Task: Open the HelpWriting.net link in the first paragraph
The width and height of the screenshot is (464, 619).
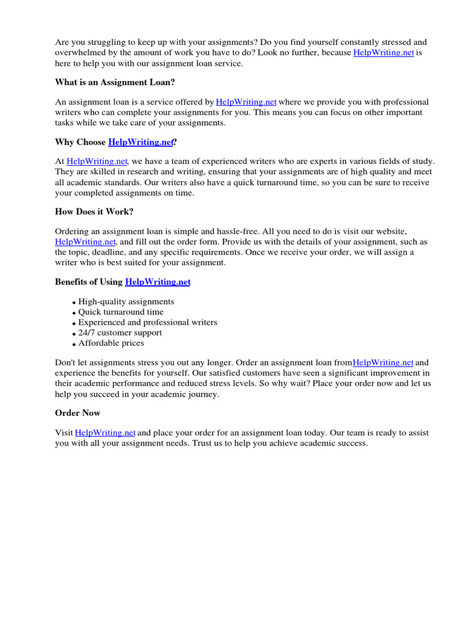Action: [383, 53]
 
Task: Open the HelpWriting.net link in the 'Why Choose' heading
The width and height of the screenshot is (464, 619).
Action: [141, 142]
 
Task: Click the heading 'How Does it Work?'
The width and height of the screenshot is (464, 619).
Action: [94, 212]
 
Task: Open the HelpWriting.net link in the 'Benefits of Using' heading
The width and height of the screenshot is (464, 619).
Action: [158, 282]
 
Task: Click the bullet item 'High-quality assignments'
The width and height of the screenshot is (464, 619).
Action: [126, 301]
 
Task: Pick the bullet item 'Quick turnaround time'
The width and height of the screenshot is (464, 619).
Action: [121, 312]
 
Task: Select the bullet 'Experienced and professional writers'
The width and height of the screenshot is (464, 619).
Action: [147, 322]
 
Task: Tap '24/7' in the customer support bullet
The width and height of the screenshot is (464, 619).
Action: [88, 332]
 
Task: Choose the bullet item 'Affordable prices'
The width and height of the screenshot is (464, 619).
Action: [111, 343]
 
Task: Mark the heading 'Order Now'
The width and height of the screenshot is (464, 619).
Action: [78, 413]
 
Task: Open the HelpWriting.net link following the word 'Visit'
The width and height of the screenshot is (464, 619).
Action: [105, 433]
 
